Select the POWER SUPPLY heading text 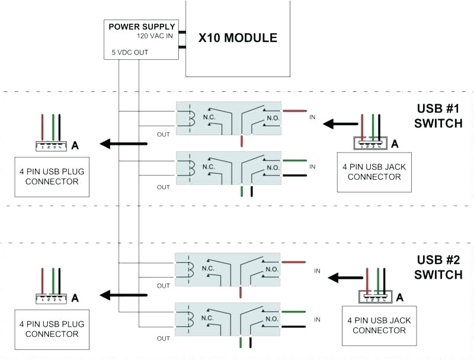[142, 27]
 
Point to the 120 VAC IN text [156, 36]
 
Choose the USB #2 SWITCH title [438, 267]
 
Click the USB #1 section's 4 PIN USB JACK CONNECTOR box [374, 171]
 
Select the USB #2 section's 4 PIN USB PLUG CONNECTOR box [52, 329]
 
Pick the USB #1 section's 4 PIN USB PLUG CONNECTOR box [52, 176]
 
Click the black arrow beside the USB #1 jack [337, 124]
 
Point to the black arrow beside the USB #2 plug [123, 295]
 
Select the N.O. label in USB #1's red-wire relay [272, 117]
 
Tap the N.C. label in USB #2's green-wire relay [209, 318]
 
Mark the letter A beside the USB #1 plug [75, 145]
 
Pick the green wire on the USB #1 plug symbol [53, 126]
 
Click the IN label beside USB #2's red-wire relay [317, 270]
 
